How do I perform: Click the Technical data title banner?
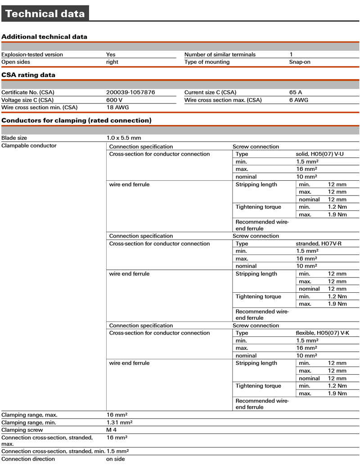(45, 13)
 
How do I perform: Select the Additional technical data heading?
(45, 37)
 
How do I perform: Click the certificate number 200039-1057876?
(130, 92)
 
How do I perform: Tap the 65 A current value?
(296, 92)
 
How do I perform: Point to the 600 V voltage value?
(114, 100)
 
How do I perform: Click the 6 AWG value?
(299, 100)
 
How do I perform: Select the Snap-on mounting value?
(300, 62)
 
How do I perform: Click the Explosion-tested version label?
(32, 54)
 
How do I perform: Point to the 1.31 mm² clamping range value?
(119, 422)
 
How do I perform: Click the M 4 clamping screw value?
(112, 430)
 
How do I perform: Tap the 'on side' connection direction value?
(116, 459)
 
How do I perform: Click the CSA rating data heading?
(29, 75)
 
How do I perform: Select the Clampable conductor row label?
(29, 146)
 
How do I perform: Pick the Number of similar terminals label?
(220, 54)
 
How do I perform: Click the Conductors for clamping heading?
(76, 121)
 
